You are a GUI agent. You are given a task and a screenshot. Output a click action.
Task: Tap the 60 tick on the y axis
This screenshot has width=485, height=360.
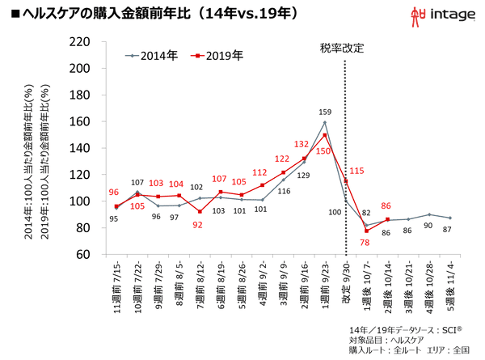click(x=82, y=254)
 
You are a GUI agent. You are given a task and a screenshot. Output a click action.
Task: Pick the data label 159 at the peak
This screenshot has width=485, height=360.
click(x=325, y=112)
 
